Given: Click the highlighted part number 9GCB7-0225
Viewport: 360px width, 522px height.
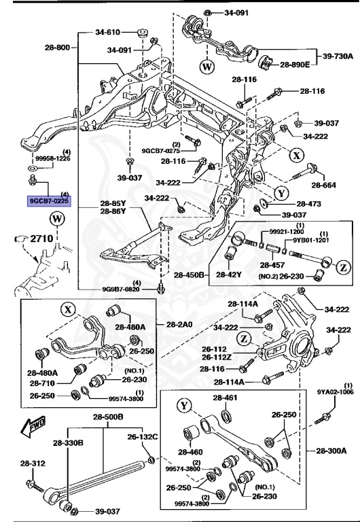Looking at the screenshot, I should click(50, 201).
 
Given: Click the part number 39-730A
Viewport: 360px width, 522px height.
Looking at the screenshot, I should click(335, 58).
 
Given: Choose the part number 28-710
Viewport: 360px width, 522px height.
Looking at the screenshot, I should click(42, 384).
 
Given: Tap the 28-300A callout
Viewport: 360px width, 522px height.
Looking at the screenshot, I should click(331, 450).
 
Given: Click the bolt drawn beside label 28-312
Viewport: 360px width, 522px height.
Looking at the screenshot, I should click(32, 484).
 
